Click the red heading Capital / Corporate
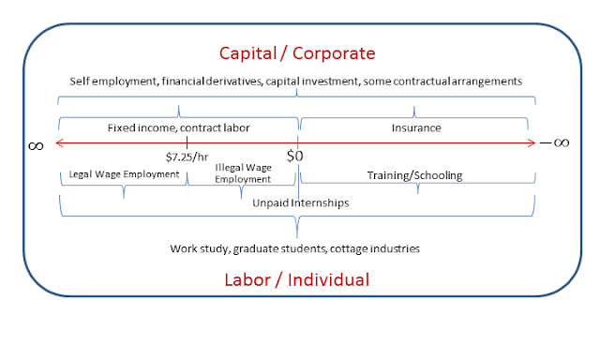pyautogui.click(x=297, y=53)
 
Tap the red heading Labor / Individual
pyautogui.click(x=297, y=279)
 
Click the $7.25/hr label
pyautogui.click(x=187, y=157)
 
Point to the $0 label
pyautogui.click(x=294, y=156)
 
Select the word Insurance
pyautogui.click(x=416, y=127)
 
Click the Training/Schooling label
pyautogui.click(x=414, y=175)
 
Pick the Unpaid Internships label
pyautogui.click(x=301, y=202)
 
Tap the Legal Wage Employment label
pyautogui.click(x=124, y=174)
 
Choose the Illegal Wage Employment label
pyautogui.click(x=243, y=173)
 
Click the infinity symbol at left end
pyautogui.click(x=36, y=146)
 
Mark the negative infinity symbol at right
pyautogui.click(x=554, y=142)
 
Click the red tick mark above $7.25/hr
pyautogui.click(x=187, y=143)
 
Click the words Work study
pyautogui.click(x=200, y=249)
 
